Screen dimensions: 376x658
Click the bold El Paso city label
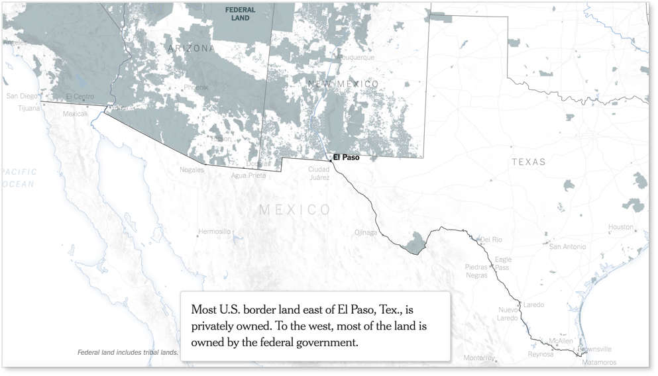[347, 158]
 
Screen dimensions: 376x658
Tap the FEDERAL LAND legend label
[240, 14]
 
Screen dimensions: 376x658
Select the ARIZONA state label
[191, 48]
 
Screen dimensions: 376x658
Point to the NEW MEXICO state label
[343, 84]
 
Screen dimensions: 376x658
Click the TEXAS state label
[528, 162]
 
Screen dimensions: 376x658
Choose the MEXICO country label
[294, 210]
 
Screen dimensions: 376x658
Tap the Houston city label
[621, 227]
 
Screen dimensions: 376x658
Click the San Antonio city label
[567, 246]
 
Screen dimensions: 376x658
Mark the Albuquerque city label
[355, 58]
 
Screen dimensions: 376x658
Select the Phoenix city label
[195, 87]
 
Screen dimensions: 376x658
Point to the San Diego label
[23, 96]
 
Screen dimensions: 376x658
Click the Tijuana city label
[28, 107]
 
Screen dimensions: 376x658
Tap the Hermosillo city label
[215, 232]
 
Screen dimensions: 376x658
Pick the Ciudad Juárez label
[319, 173]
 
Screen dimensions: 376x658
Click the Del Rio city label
[491, 239]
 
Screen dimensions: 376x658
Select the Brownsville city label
[594, 349]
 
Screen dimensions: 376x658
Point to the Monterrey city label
[479, 358]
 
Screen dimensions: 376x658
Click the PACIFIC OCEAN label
[19, 177]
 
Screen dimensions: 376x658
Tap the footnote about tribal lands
[127, 352]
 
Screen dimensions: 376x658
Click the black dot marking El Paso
[331, 160]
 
